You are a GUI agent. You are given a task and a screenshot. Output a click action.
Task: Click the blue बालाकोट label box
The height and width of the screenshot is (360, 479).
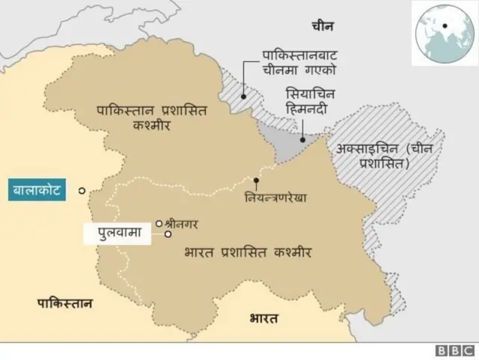[37, 191]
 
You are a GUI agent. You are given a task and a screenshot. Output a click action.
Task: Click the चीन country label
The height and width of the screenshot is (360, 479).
[323, 26]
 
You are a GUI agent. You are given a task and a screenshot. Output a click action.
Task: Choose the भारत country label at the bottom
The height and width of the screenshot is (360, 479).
[263, 319]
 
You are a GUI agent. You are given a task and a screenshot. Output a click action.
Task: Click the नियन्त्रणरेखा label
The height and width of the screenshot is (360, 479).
[275, 200]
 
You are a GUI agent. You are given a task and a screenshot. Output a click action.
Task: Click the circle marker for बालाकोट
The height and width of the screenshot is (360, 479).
[81, 192]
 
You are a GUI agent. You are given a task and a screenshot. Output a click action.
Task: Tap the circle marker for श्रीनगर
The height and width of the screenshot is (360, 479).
[159, 222]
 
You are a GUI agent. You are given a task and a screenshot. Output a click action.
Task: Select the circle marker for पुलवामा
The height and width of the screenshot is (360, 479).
[168, 234]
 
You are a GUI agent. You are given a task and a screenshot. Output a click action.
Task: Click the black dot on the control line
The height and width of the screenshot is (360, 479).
[256, 180]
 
